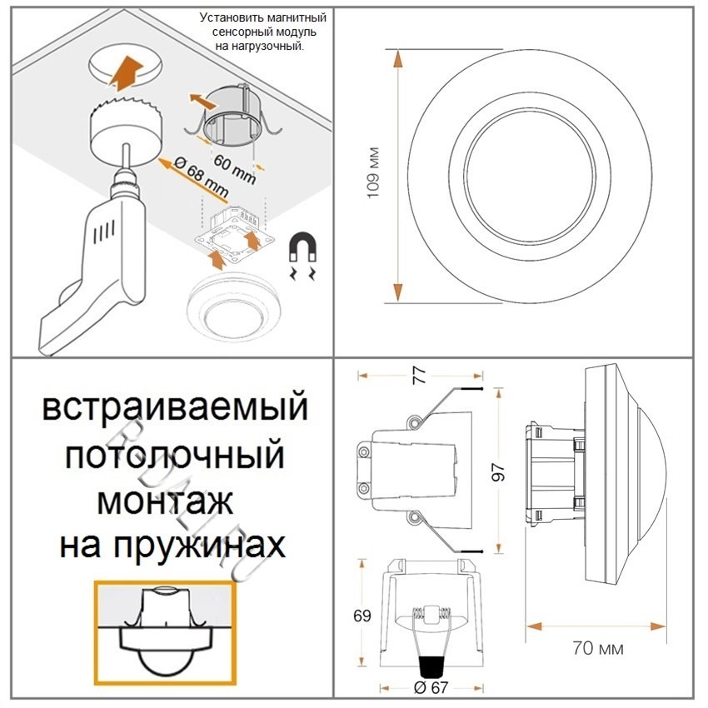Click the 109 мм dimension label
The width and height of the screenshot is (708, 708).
373,172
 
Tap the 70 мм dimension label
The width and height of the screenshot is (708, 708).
598,648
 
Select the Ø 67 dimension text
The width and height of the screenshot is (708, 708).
431,687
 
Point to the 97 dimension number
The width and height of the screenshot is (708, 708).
498,472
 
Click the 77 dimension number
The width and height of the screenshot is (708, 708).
420,375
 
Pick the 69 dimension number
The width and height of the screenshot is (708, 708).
362,616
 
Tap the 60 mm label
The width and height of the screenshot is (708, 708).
234,169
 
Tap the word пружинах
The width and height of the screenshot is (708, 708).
199,546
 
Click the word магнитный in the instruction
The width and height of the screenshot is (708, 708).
297,18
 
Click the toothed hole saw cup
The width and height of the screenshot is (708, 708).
127,127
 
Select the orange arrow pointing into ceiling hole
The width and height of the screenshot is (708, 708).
127,72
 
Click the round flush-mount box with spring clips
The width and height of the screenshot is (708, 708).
233,117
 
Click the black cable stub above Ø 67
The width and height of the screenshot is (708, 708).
431,666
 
